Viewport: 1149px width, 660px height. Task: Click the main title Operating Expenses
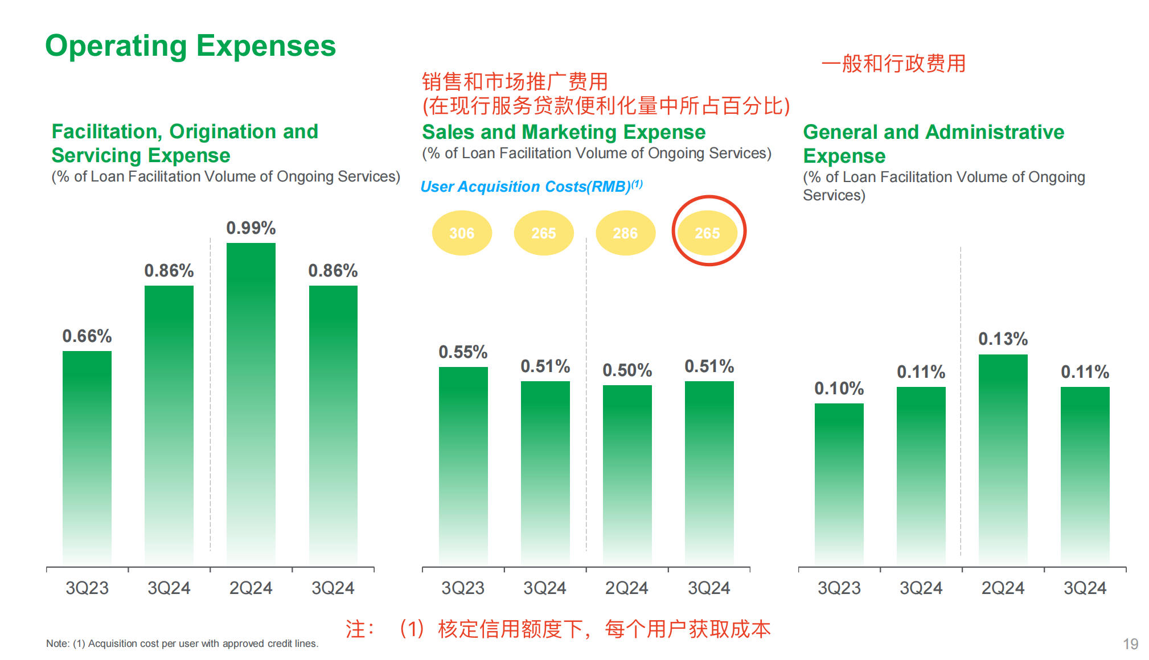[190, 46]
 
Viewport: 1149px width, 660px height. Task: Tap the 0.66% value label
[87, 336]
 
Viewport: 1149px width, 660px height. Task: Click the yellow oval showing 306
[462, 233]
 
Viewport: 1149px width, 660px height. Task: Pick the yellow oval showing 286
[625, 233]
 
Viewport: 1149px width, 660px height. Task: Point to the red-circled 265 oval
[708, 233]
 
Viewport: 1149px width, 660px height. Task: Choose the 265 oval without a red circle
[543, 233]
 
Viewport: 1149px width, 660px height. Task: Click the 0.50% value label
[627, 370]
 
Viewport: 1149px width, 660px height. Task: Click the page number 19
[1130, 643]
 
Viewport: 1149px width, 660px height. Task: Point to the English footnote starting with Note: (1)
[182, 643]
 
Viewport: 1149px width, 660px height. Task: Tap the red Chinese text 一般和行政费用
[893, 64]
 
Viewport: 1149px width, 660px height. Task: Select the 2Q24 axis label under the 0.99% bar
[251, 588]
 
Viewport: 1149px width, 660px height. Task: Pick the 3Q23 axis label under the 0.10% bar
[839, 588]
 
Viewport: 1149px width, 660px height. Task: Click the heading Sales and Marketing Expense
[564, 132]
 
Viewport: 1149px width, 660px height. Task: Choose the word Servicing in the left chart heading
[97, 155]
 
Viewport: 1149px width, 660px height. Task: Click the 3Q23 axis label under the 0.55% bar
[463, 588]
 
